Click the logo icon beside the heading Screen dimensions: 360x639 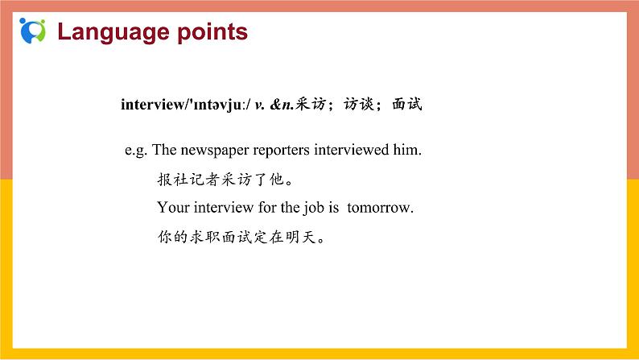33,31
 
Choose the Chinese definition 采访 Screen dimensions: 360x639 315,104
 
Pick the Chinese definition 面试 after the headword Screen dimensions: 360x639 406,104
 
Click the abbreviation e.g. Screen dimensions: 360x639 136,150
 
